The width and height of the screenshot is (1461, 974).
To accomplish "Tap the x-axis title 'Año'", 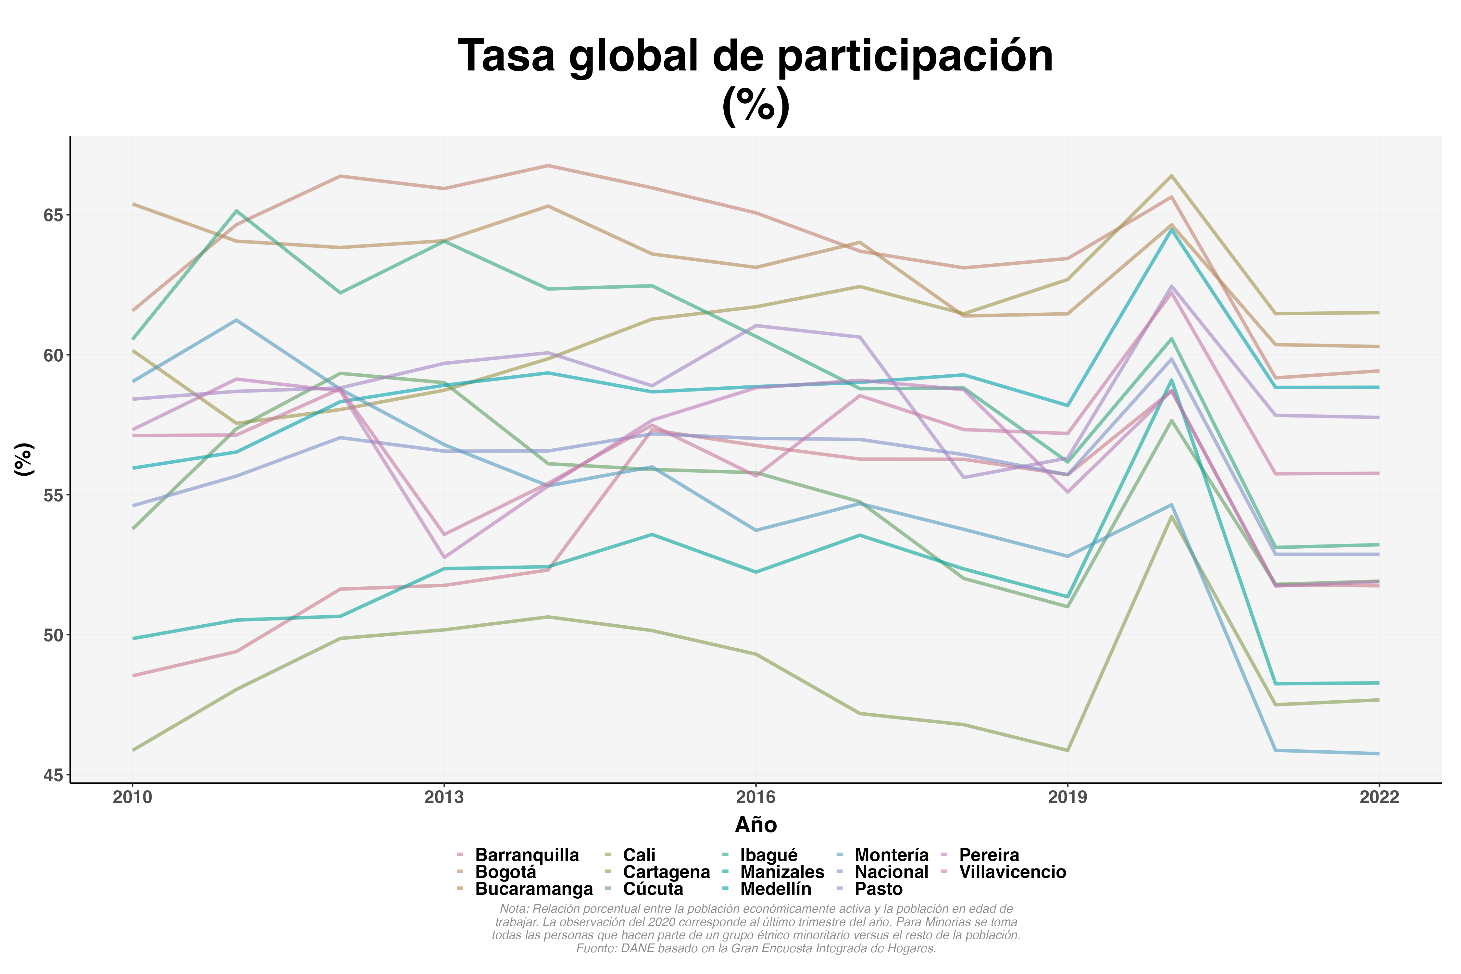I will (755, 825).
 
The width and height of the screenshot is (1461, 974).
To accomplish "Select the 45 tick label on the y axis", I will (54, 775).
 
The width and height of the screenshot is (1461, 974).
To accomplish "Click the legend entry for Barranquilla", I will (526, 855).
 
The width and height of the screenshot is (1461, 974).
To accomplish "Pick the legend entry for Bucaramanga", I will (533, 889).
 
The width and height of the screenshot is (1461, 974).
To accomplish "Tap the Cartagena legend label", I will (666, 872).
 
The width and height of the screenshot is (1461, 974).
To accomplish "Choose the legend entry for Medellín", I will (775, 889).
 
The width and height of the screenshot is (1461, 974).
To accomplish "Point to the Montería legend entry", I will (891, 855).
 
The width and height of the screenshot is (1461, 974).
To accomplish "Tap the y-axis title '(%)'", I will (24, 460).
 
